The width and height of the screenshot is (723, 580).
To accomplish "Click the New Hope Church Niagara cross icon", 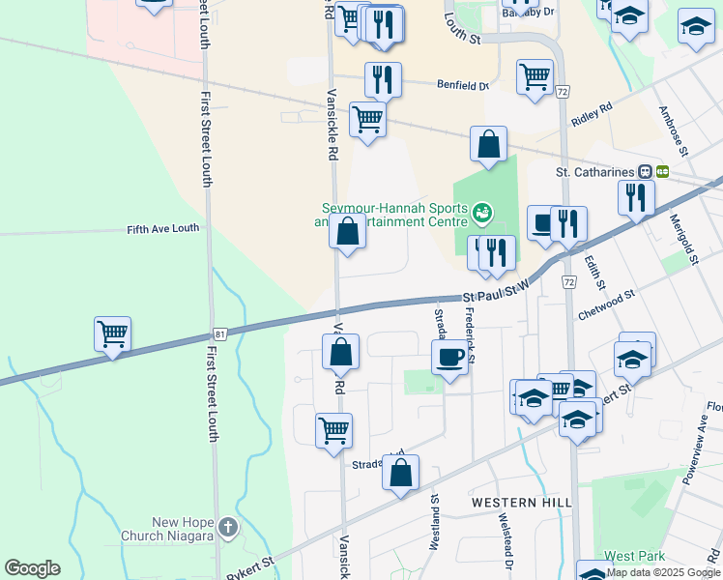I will (227, 527).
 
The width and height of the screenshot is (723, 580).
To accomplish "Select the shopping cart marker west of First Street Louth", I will (113, 335).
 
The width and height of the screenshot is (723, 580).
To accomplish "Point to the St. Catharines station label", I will (593, 172).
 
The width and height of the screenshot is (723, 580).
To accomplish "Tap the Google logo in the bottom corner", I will (32, 568).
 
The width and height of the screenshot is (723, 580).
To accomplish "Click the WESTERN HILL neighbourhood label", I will (521, 503).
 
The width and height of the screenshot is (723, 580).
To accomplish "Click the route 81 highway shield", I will (220, 334).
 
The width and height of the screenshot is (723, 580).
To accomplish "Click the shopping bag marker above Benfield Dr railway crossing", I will (489, 144).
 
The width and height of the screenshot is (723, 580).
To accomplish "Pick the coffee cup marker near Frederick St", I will (449, 357).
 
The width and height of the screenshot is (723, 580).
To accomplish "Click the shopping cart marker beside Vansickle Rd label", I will (367, 120).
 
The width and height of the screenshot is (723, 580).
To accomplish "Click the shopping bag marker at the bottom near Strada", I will (400, 473).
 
